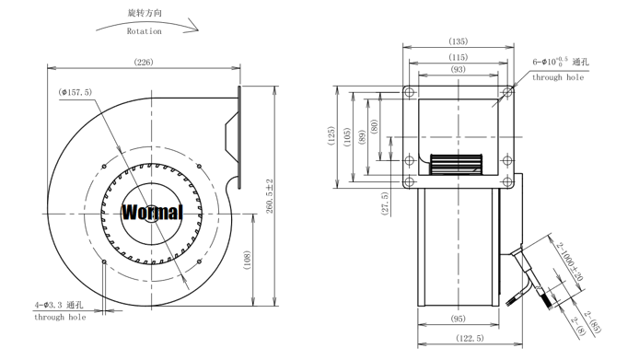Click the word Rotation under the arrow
click(144, 31)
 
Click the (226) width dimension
click(144, 62)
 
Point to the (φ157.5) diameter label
click(75, 92)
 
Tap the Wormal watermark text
click(152, 213)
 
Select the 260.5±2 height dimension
click(270, 196)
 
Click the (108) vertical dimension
click(247, 260)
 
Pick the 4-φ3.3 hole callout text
click(59, 305)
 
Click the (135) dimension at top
click(458, 41)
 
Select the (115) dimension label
click(458, 57)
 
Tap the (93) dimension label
click(458, 69)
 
